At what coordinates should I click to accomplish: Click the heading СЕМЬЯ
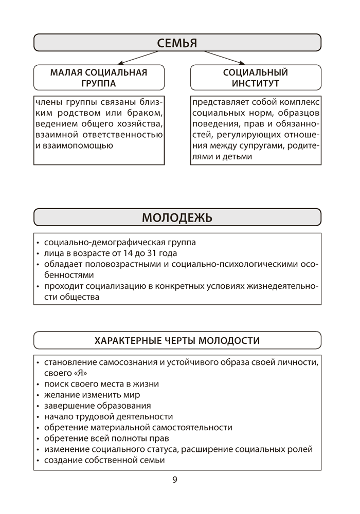coord(177,43)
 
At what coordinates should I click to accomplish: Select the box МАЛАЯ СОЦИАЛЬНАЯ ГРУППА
coord(99,78)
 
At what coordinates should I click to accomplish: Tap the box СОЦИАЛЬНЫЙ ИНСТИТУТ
coord(255,78)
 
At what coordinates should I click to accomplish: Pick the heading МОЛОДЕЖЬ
coord(177,217)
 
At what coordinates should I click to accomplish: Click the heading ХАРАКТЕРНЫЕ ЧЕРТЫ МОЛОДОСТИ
coord(177,340)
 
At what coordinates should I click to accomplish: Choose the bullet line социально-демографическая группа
coord(120,242)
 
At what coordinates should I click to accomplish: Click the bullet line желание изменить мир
coord(92,395)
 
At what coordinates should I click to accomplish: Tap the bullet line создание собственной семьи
coord(104,460)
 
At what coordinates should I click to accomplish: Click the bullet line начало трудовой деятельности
coord(109,416)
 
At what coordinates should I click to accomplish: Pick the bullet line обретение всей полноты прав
coord(106,438)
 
